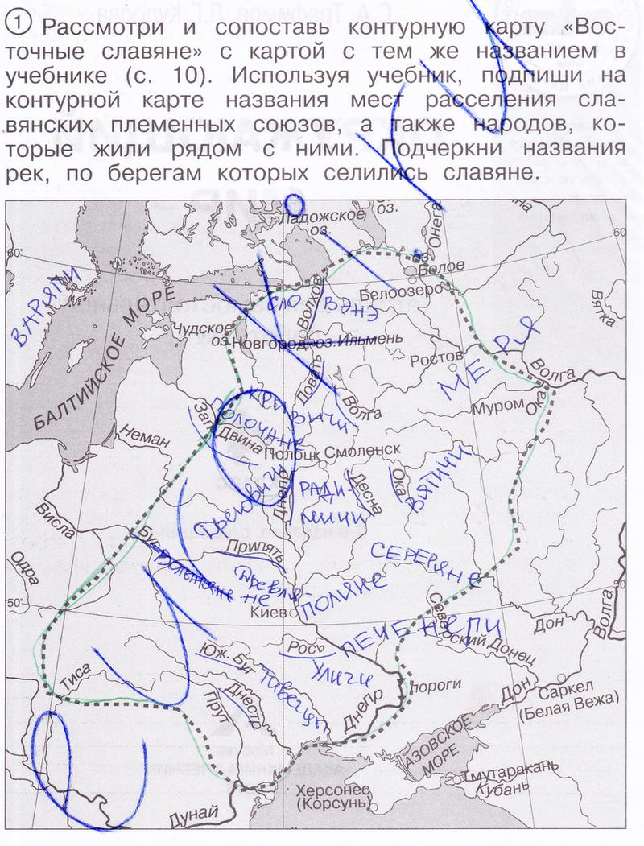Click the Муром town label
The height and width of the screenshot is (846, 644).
[496, 407]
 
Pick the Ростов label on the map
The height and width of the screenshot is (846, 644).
[436, 355]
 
